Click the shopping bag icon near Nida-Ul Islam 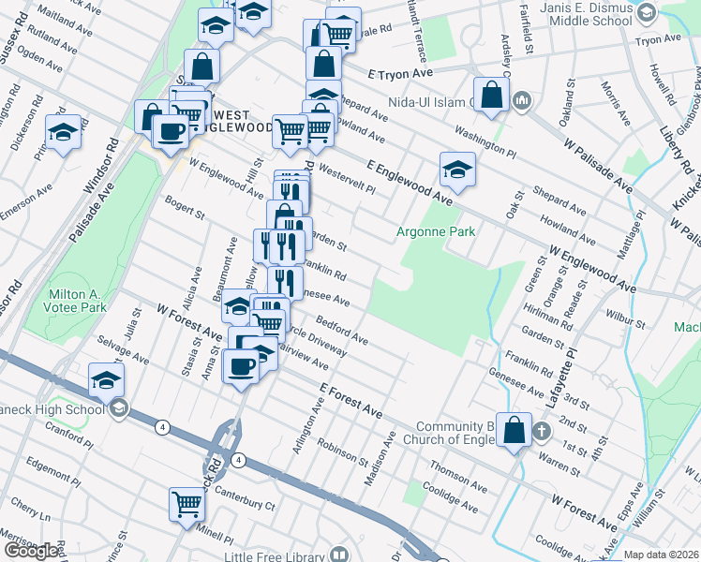coord(491,95)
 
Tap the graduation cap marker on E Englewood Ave coord(456,170)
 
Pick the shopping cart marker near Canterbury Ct coord(187,505)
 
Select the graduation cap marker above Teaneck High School coord(107,380)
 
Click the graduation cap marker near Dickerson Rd coord(64,133)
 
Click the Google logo coord(32,551)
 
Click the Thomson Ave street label coord(458,477)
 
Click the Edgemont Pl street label coord(48,465)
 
